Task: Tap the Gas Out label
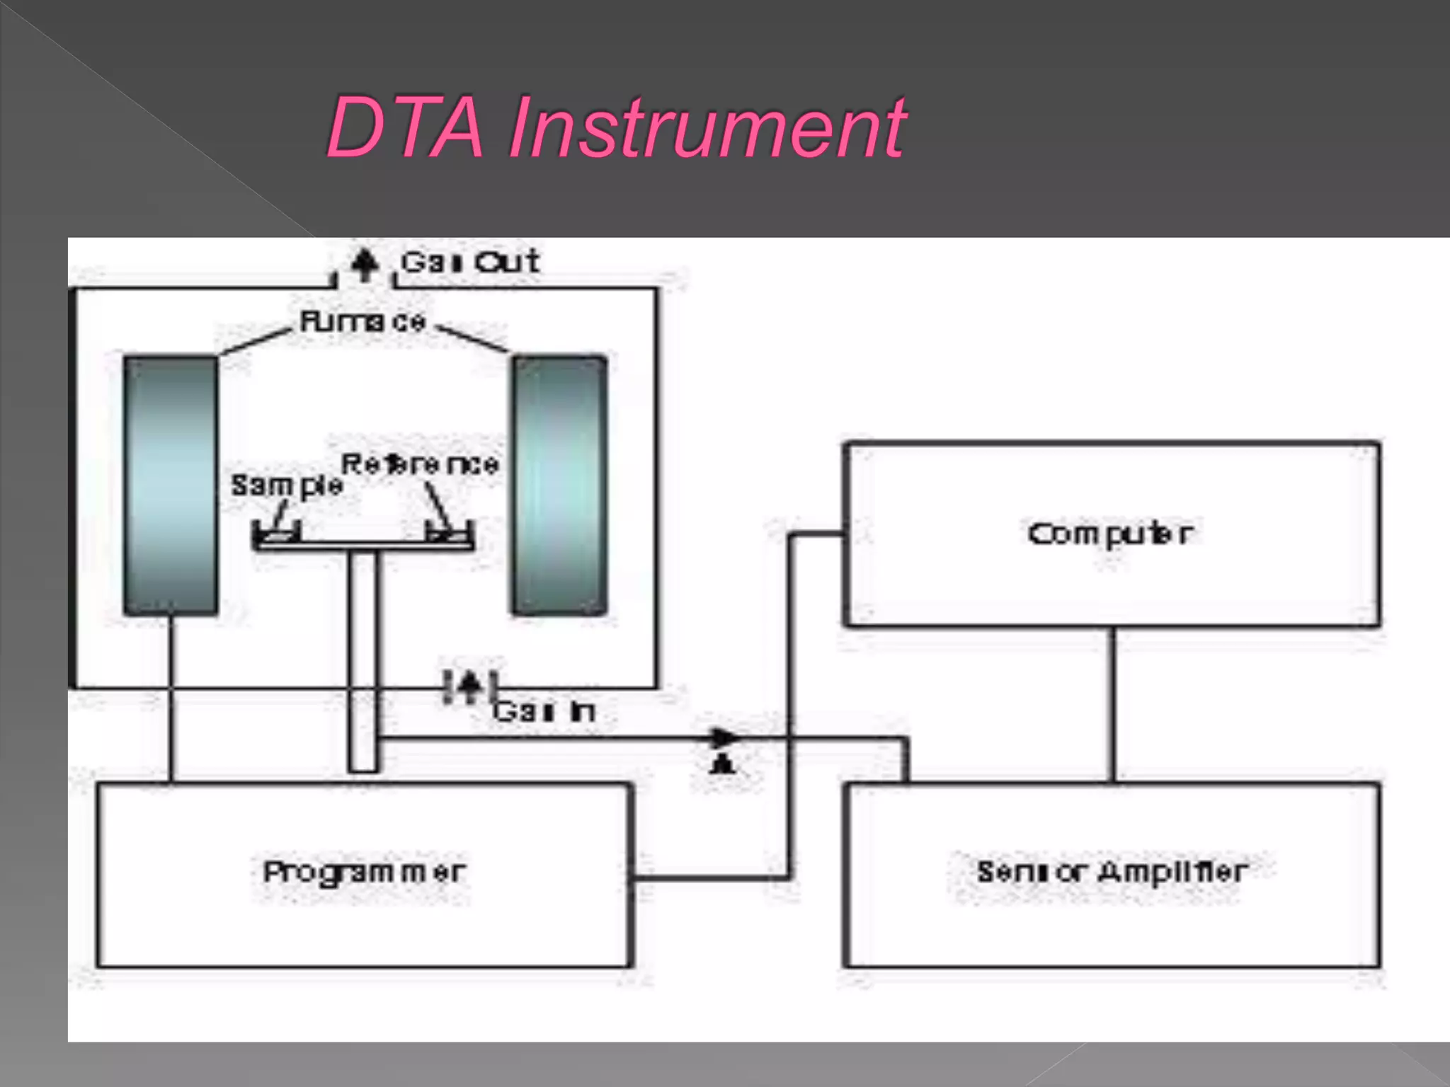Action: [470, 263]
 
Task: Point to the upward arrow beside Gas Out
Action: [365, 265]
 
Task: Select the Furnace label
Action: [362, 322]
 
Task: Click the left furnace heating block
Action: [171, 485]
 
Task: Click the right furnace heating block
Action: [559, 485]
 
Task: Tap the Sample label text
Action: [287, 485]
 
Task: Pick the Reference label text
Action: [421, 464]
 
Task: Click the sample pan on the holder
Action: [277, 536]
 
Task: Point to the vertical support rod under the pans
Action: [363, 658]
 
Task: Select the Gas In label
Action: [544, 711]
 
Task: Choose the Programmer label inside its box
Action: [365, 872]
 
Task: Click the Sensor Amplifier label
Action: [1112, 872]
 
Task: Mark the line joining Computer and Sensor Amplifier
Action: [1112, 704]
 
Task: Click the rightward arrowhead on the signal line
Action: [725, 738]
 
